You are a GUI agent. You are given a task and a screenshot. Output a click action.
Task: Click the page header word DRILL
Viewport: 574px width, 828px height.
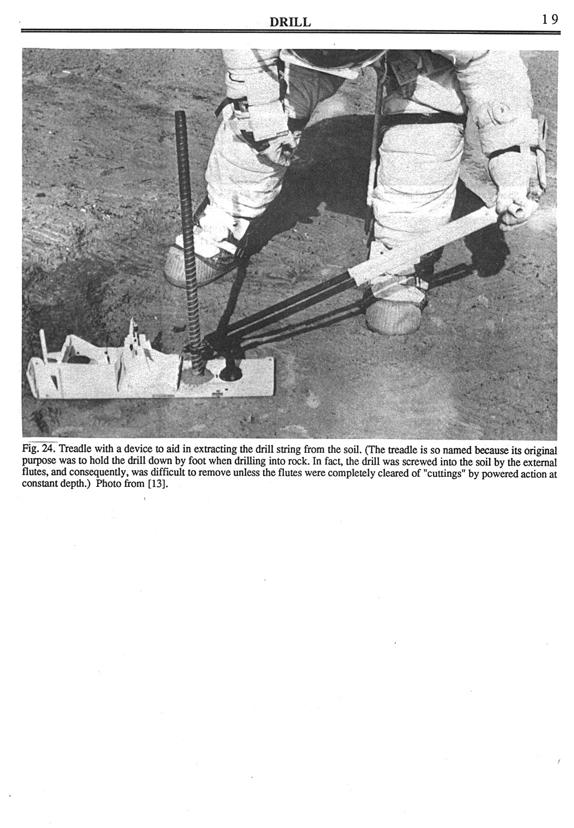[x=290, y=22]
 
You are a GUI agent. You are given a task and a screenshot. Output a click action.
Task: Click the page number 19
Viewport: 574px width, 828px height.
[x=550, y=20]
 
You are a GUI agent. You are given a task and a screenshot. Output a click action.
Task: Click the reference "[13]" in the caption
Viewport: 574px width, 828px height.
[x=158, y=483]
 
